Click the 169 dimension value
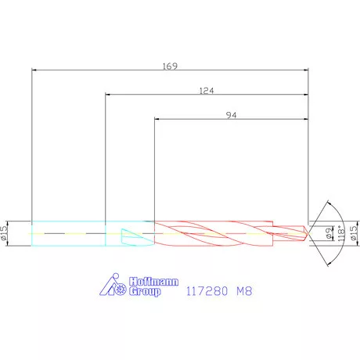pyautogui.click(x=169, y=66)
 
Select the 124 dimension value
pyautogui.click(x=207, y=91)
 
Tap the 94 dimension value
pyautogui.click(x=231, y=115)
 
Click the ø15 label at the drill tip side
pyautogui.click(x=352, y=233)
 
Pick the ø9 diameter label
pyautogui.click(x=329, y=233)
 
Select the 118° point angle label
pyautogui.click(x=340, y=233)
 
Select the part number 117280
pyautogui.click(x=206, y=291)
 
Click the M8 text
pyautogui.click(x=243, y=291)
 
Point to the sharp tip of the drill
pyautogui.click(x=308, y=233)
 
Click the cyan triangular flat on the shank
pyautogui.click(x=130, y=234)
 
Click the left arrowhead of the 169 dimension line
pyautogui.click(x=34, y=70)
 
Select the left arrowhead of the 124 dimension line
pyautogui.click(x=108, y=95)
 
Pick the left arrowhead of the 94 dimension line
pyautogui.click(x=157, y=119)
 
